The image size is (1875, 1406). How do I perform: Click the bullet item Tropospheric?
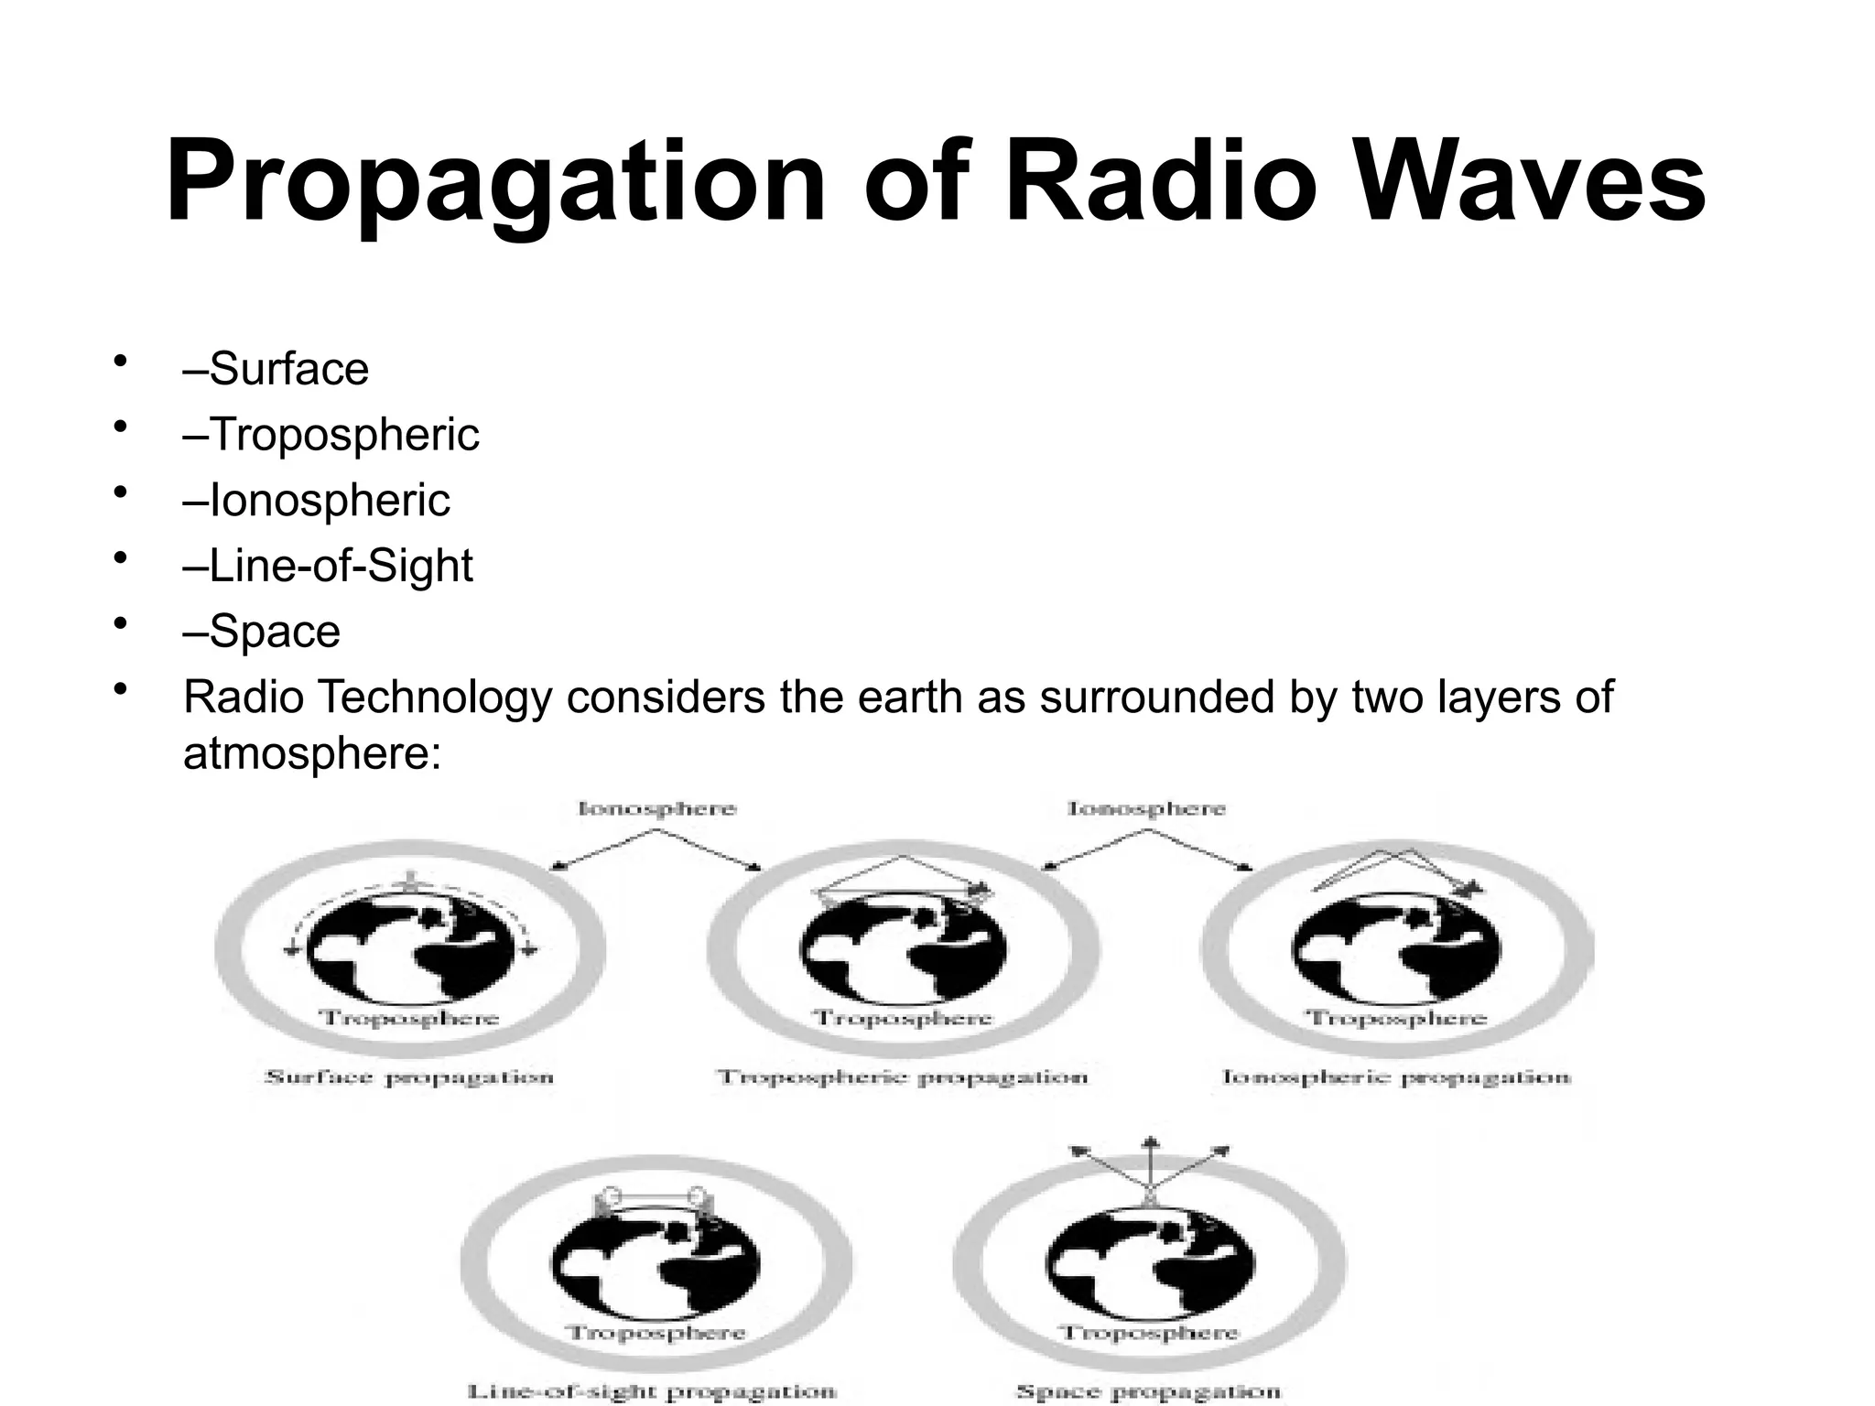331,434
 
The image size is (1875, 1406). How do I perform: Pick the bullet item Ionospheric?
317,500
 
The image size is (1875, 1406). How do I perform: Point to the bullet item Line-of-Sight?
328,566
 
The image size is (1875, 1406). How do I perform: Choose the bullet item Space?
262,632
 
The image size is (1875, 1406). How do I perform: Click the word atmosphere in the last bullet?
312,753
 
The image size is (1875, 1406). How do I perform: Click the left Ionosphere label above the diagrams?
656,808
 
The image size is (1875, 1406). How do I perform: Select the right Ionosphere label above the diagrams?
1146,808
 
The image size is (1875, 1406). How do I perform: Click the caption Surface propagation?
409,1076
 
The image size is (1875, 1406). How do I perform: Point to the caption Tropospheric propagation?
903,1076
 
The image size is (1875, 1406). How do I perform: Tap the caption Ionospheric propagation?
1396,1076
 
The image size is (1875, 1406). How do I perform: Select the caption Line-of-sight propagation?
653,1391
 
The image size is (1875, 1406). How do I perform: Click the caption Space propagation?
1148,1391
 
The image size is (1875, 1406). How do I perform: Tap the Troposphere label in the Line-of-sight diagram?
656,1333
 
